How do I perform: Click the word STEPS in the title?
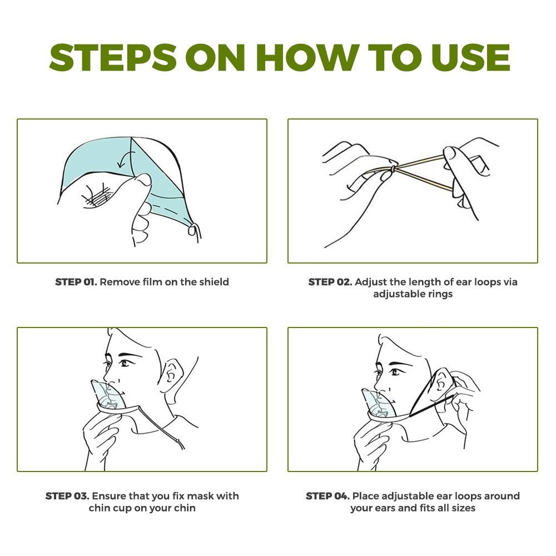click(113, 57)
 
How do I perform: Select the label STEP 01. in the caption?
click(76, 282)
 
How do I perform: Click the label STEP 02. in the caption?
click(330, 282)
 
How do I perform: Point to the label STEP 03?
click(67, 496)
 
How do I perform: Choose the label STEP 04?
click(327, 496)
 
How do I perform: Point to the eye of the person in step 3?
click(125, 363)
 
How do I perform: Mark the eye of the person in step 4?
click(395, 371)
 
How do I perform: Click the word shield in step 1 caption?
click(214, 282)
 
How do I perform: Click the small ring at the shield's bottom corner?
click(192, 230)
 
